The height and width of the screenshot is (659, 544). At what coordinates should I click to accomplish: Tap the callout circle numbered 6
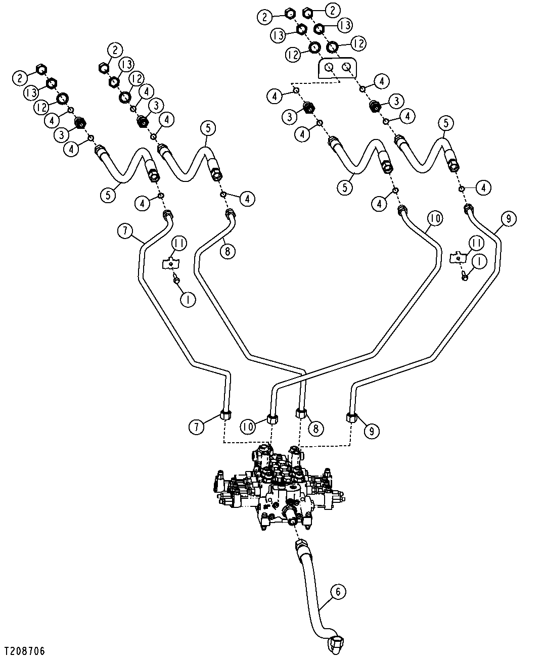pos(338,592)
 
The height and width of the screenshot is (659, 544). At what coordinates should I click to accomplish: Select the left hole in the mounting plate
pos(329,68)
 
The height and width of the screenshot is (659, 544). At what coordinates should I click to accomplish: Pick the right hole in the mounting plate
pos(346,67)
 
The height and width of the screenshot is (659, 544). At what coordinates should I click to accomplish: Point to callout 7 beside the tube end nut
pos(196,427)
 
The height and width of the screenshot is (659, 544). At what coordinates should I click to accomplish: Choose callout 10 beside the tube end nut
pos(248,427)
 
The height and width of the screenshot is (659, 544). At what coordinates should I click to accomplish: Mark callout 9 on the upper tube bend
pos(508,219)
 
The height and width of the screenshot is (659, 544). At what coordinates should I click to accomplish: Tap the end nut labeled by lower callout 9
pos(351,418)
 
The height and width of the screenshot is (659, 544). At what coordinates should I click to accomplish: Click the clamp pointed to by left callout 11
pos(170,263)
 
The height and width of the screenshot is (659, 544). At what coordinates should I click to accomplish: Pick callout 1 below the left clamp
pos(188,299)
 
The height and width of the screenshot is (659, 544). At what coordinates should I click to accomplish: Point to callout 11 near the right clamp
pos(477,243)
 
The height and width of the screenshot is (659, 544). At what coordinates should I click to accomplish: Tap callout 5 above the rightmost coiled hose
pos(446,123)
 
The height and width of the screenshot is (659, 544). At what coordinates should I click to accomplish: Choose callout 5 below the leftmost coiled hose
pos(108,195)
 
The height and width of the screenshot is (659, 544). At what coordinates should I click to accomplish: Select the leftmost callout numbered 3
pos(62,135)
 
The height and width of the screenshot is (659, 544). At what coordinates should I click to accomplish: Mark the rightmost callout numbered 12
pos(358,43)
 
